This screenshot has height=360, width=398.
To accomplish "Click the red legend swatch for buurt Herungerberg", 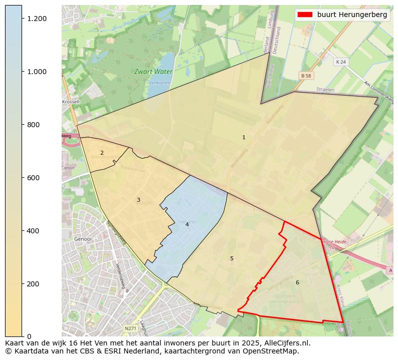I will coord(305,15).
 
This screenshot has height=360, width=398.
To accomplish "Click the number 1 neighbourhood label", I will coord(244,137).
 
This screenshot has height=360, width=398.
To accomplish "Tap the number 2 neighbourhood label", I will coord(102,153).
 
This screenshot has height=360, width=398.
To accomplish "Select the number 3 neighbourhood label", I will coord(138,200).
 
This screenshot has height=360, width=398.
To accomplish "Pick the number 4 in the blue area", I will coord(187,224).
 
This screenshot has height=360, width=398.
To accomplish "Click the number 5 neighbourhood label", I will coord(232,258).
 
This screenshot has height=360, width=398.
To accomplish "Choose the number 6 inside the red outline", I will coord(297,282).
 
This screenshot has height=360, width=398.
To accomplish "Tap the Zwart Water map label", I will coord(153,72).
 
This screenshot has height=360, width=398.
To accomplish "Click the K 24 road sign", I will coord(341,62).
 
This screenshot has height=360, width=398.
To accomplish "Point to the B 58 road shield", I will coord(306,75).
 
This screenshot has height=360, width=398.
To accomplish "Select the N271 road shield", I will coord(130,328).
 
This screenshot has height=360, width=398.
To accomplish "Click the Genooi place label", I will coord(83,239).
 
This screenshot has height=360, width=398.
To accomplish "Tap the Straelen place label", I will coord(325,89).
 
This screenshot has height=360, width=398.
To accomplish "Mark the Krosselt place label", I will coord(71,102).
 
